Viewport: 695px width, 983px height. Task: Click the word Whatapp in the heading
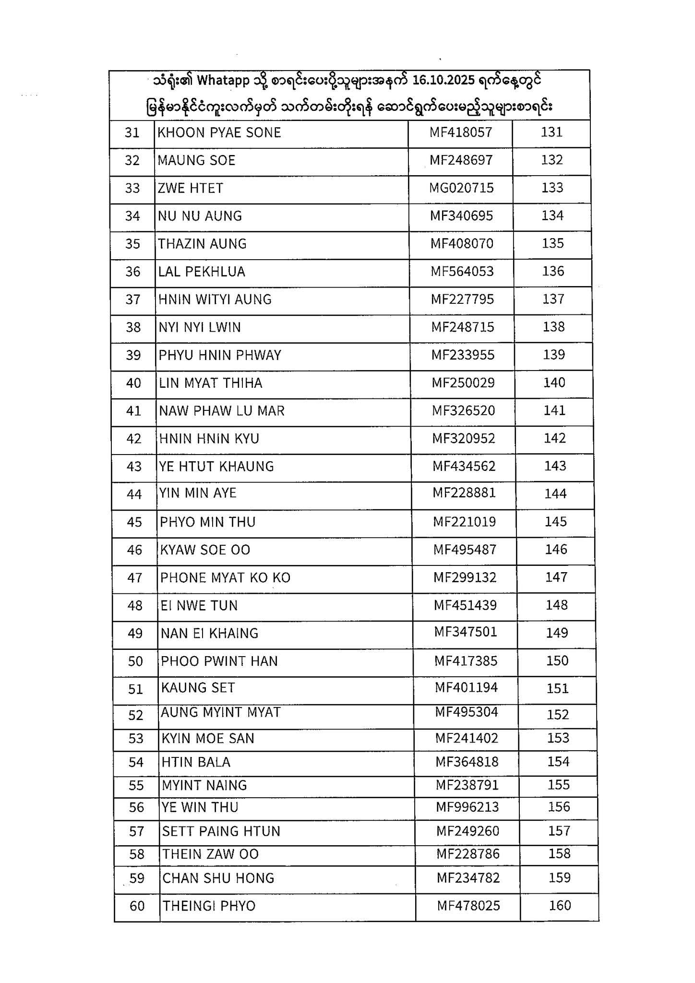[x=223, y=81]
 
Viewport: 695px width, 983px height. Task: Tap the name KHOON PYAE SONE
[x=219, y=132]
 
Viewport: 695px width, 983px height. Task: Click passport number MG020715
[x=461, y=188]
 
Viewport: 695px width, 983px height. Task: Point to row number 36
[x=132, y=272]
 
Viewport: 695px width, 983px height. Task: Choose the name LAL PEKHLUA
[x=202, y=272]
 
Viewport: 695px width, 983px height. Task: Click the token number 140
[x=554, y=383]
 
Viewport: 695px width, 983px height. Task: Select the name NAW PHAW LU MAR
[x=222, y=411]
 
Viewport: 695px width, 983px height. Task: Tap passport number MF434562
[x=464, y=466]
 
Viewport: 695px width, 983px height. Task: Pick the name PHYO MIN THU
[x=208, y=522]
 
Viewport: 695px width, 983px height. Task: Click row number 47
[x=135, y=578]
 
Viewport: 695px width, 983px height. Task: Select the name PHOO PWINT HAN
[x=219, y=661]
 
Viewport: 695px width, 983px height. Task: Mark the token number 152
[x=558, y=715]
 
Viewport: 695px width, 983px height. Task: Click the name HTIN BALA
[x=196, y=762]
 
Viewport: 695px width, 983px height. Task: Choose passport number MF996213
[x=467, y=807]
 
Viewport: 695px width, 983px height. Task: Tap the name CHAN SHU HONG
[x=218, y=878]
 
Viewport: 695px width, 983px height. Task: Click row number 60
[x=137, y=906]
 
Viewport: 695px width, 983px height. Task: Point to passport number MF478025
[x=468, y=906]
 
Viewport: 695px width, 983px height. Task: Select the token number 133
[x=552, y=188]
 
